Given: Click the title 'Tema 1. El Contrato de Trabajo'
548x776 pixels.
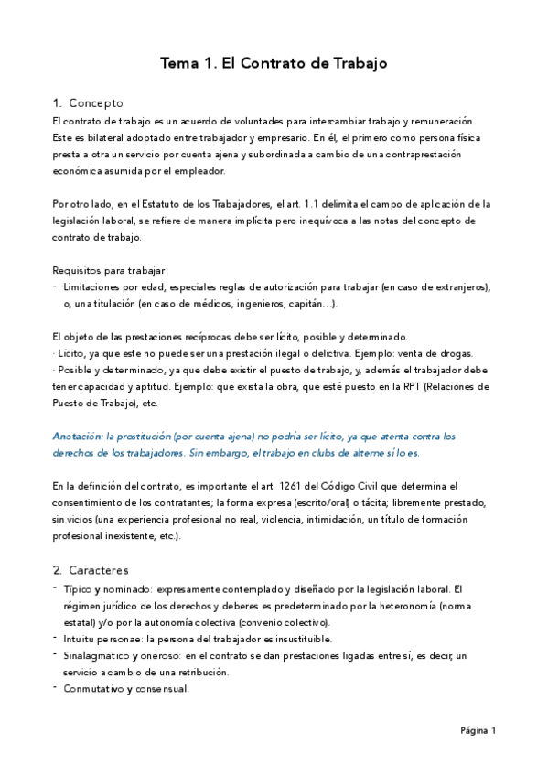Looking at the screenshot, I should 274,63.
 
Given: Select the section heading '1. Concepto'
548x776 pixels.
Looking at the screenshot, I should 88,102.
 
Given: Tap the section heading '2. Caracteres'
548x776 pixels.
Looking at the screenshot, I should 91,570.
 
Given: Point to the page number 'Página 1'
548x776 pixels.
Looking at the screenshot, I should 478,730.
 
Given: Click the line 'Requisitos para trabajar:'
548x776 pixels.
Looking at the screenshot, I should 111,269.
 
